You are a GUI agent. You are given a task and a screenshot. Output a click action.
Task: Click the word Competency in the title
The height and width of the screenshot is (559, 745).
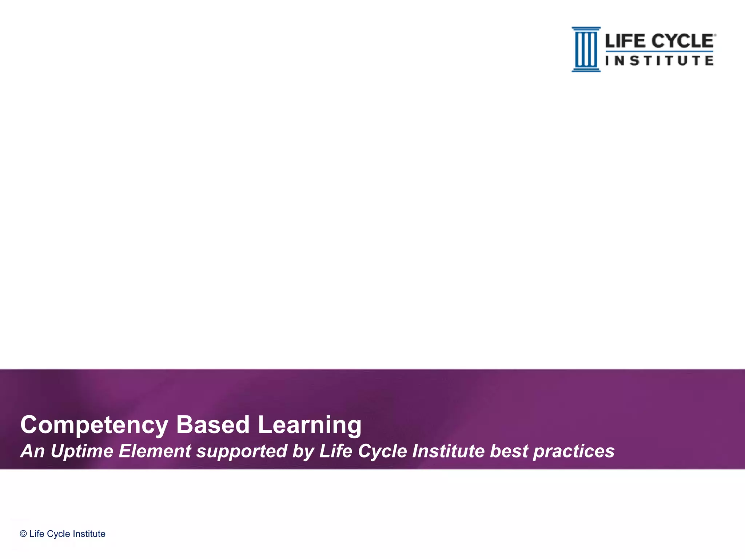94,425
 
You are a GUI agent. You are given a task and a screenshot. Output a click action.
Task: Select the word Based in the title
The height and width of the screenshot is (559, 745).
213,424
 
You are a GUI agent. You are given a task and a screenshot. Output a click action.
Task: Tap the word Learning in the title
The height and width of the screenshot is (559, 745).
310,425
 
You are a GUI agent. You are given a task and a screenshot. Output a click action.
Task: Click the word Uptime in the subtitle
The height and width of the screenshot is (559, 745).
82,451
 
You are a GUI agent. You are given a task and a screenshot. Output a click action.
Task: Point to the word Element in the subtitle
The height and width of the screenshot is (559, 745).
155,451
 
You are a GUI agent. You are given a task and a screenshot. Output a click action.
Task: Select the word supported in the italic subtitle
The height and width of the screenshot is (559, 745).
242,452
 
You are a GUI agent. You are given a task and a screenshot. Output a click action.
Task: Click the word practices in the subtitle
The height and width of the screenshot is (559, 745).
574,452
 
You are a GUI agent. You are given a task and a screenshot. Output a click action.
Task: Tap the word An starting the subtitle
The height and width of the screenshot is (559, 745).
32,451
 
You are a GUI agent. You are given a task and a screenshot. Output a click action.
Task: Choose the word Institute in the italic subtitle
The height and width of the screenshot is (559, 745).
448,451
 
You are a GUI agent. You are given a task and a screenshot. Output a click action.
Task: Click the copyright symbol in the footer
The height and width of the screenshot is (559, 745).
23,534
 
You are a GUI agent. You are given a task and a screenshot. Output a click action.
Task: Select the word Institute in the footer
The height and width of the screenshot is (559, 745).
89,534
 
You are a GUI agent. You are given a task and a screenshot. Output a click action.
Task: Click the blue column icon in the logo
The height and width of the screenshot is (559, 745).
586,49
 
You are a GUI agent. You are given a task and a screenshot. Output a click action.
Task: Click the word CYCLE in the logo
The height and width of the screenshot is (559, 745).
682,41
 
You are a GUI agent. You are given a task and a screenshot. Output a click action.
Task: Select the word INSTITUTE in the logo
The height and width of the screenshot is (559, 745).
659,60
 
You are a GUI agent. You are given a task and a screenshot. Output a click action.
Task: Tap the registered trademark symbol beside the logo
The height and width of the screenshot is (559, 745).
715,35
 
